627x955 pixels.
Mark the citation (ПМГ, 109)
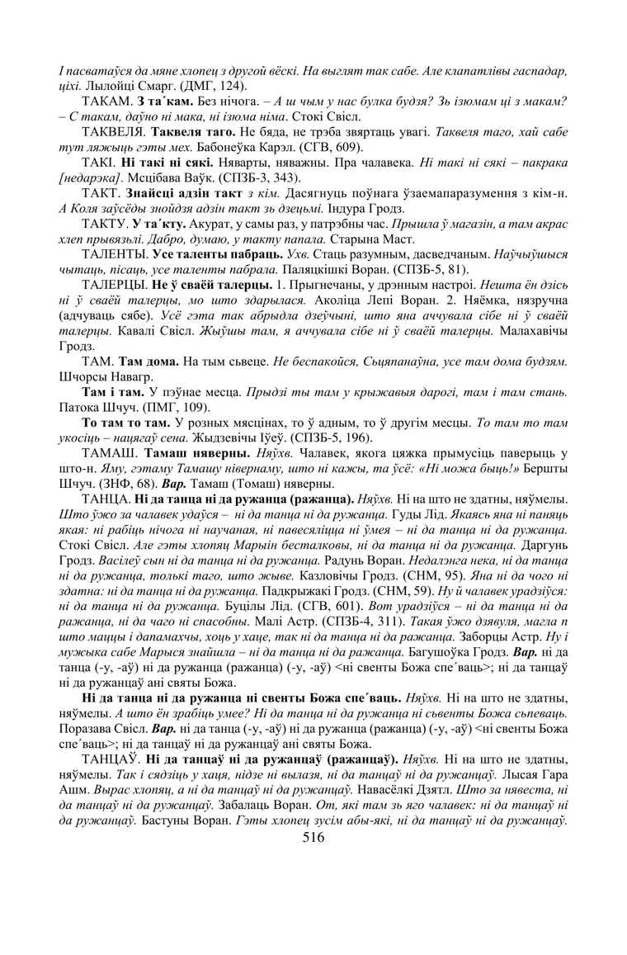[x=159, y=409]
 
